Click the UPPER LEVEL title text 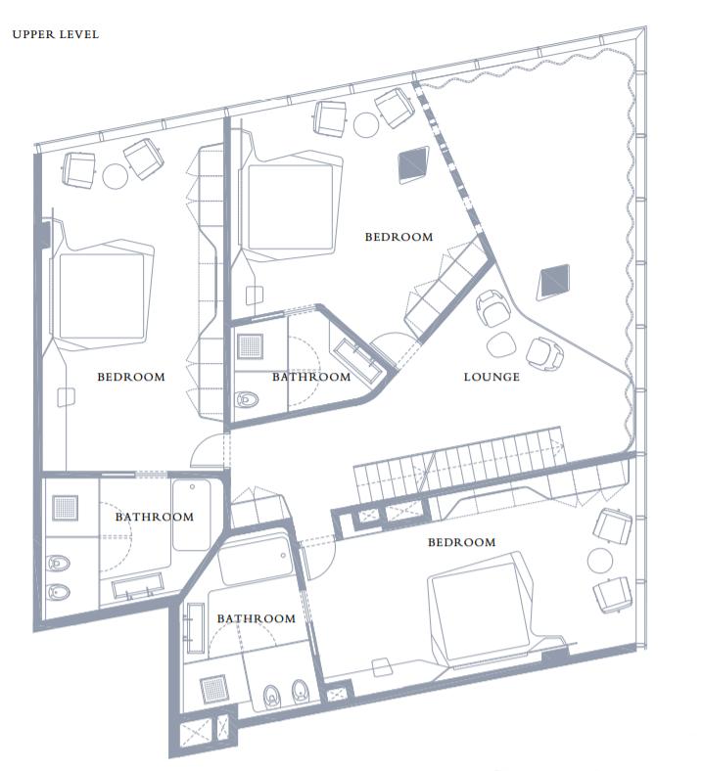click(x=55, y=34)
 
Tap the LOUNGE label click(x=492, y=377)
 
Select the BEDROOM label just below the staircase click(x=461, y=542)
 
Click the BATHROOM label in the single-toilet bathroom click(x=310, y=377)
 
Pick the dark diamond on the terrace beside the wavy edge click(x=553, y=282)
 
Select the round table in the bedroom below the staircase click(x=599, y=559)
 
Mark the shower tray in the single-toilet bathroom click(x=251, y=346)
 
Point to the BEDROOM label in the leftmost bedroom click(x=130, y=377)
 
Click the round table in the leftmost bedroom click(x=115, y=176)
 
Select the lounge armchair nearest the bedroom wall click(x=492, y=311)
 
